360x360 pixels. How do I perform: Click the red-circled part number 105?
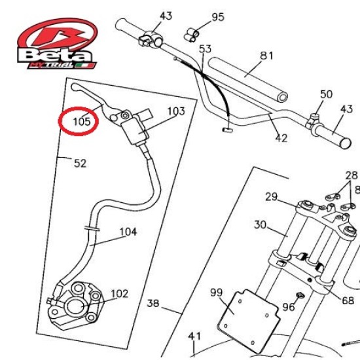[82, 122]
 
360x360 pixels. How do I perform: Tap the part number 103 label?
[176, 111]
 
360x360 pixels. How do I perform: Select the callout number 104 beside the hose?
[128, 232]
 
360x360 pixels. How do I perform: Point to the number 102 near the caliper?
[119, 294]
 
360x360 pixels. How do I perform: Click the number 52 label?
[80, 163]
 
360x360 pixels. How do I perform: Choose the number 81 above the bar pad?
[266, 56]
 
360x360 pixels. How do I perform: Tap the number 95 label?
[218, 17]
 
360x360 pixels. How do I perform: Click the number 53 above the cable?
[205, 49]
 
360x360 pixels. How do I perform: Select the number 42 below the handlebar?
[281, 138]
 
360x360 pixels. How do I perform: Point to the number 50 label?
[326, 94]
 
